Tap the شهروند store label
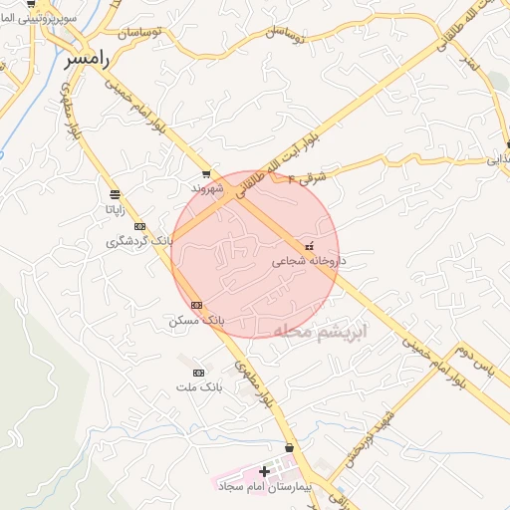(207, 186)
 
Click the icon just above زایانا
(117, 194)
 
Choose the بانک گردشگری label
(141, 241)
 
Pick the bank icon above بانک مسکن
(196, 305)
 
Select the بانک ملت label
(196, 385)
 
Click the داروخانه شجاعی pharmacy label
(308, 261)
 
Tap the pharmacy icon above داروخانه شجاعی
(309, 246)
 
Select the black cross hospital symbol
(263, 470)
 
